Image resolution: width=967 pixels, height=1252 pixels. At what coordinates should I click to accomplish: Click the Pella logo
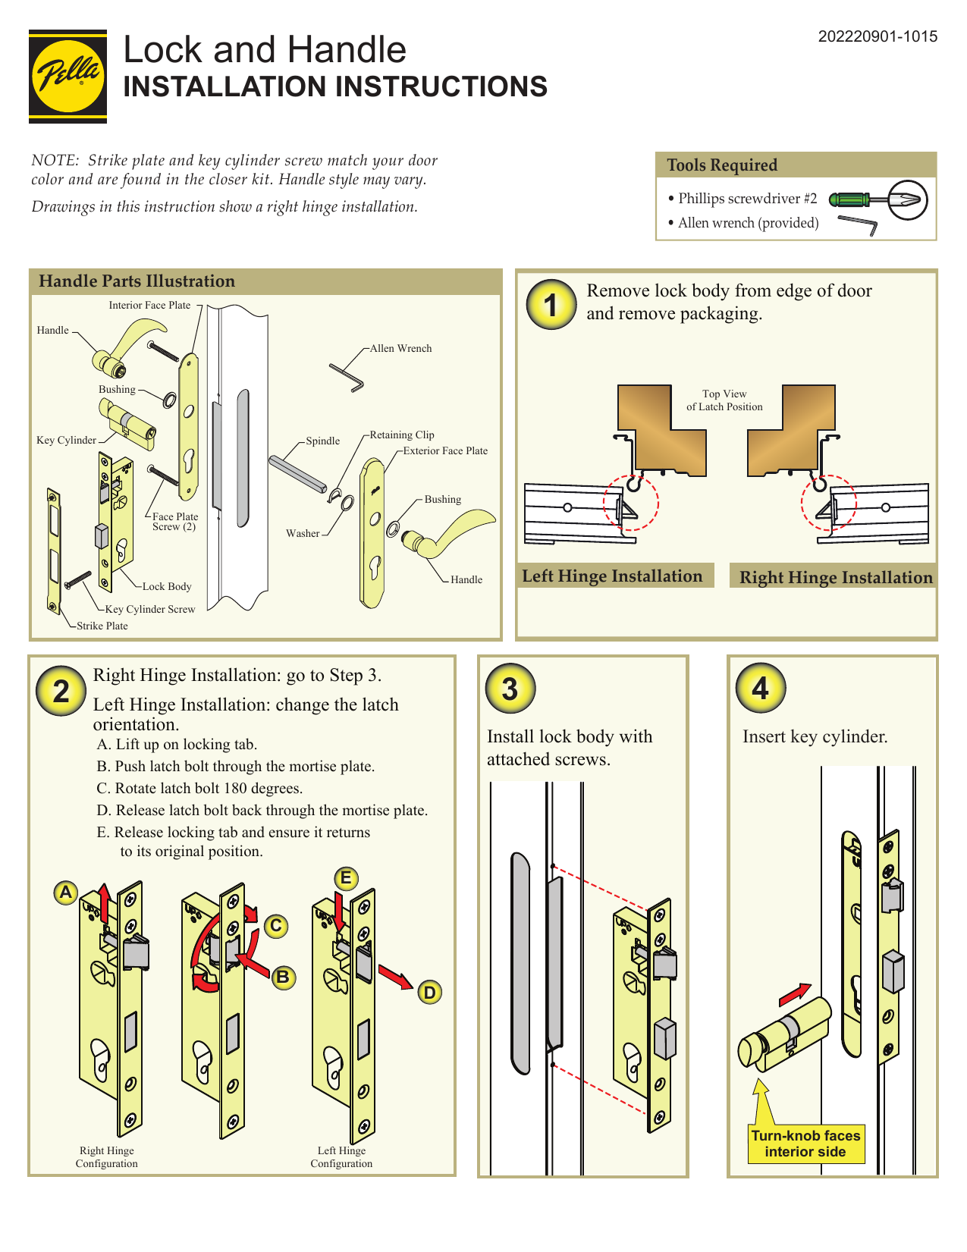point(68,76)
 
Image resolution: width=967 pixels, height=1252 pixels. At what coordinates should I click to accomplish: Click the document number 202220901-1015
point(878,36)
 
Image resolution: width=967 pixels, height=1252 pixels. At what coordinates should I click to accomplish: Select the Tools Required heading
point(722,165)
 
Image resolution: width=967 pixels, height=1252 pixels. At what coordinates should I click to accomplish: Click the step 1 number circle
point(551,306)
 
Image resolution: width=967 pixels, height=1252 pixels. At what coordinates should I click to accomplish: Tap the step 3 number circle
point(510,689)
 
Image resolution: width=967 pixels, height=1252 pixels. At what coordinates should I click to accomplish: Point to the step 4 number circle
point(760,688)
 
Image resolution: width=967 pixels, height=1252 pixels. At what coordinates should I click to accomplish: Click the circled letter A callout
point(66,892)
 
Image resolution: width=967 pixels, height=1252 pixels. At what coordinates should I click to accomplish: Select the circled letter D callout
point(430,992)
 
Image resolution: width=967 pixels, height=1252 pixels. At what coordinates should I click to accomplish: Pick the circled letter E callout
point(346,878)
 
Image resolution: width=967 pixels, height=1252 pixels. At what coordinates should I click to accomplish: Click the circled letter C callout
point(276,925)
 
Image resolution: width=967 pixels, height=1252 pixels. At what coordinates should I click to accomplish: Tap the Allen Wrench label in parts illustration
point(400,348)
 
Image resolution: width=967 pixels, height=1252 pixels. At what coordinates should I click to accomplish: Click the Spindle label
point(322,441)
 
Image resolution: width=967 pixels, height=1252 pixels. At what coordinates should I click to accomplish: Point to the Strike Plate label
point(102,626)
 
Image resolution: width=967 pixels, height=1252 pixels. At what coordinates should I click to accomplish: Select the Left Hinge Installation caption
point(612,576)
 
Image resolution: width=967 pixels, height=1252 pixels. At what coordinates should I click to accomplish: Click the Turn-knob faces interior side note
point(805,1144)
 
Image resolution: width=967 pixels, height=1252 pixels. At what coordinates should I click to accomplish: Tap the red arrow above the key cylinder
point(794,993)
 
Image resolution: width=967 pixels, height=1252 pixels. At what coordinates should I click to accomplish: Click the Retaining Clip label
point(402,435)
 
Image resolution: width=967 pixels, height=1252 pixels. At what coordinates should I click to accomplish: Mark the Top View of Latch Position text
point(724,400)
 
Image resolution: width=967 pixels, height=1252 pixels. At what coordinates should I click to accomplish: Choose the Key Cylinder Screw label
point(150,609)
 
